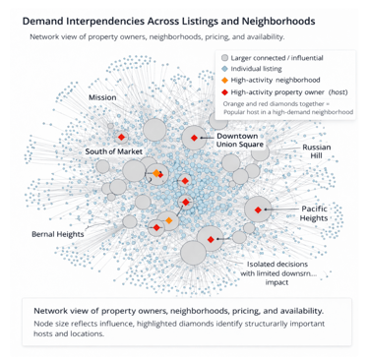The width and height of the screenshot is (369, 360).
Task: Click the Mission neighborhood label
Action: pos(102,98)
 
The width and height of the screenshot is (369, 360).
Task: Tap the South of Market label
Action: pos(116,151)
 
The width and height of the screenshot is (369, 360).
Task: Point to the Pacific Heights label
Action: pos(315,212)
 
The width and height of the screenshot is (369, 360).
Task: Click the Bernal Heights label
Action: pos(57,234)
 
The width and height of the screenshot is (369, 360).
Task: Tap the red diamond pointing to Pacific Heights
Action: pos(259,210)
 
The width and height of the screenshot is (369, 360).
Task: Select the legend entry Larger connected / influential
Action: pos(281,59)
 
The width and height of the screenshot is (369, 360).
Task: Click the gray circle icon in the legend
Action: pos(224,59)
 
